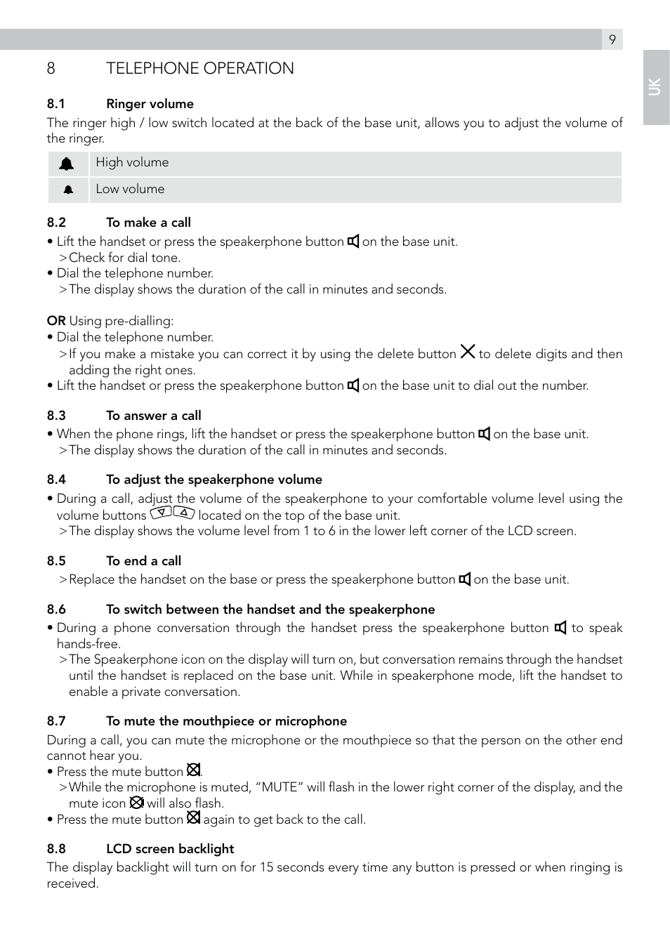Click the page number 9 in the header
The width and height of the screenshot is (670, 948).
[x=612, y=39]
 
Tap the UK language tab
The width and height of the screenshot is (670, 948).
[x=655, y=87]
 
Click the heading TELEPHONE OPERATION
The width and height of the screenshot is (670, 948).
[x=199, y=68]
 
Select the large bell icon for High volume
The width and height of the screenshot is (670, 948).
[x=67, y=164]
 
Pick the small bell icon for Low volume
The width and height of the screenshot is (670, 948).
[x=68, y=190]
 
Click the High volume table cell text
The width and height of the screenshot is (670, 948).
[x=132, y=162]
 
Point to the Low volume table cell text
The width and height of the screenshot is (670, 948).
[x=130, y=189]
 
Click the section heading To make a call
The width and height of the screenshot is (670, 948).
[x=148, y=223]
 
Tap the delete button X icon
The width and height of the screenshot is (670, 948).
[x=468, y=351]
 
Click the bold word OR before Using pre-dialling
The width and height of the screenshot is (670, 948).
[x=56, y=321]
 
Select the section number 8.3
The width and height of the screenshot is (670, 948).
[x=56, y=416]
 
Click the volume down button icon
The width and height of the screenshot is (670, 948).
[x=162, y=513]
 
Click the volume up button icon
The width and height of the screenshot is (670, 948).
[x=184, y=513]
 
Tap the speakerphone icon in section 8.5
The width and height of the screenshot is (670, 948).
[x=465, y=579]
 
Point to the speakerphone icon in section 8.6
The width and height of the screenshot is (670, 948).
[x=560, y=628]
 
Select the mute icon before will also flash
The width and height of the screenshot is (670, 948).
[x=136, y=802]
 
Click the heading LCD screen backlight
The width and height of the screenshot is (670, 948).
[x=170, y=849]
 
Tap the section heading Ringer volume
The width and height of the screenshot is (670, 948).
[x=150, y=104]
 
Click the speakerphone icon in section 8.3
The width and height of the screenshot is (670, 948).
[x=485, y=434]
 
